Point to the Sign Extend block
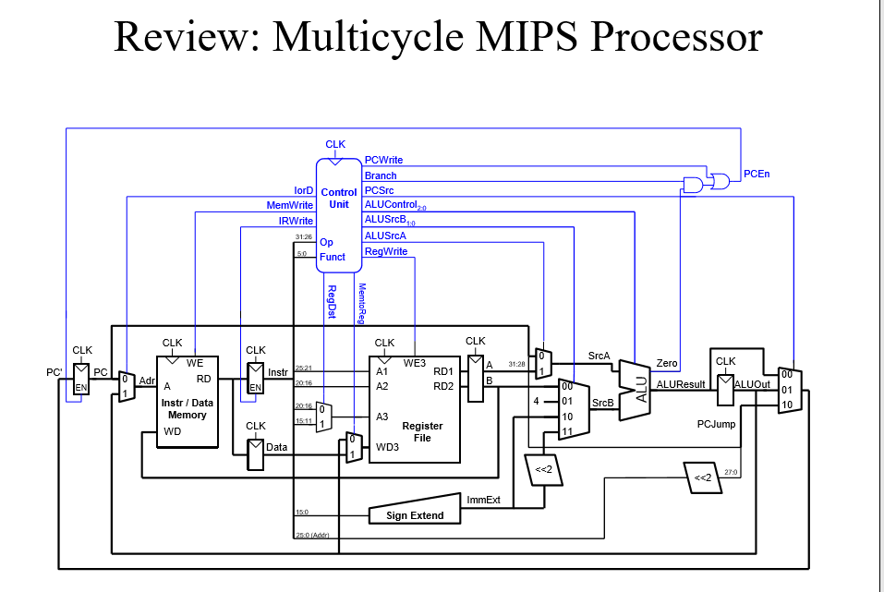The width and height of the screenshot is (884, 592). (415, 514)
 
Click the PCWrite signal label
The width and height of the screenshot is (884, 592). (383, 160)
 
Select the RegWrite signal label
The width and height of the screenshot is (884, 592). (386, 251)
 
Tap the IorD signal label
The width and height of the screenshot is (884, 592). (304, 190)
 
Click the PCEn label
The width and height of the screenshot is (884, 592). (757, 173)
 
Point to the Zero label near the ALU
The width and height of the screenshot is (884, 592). (666, 364)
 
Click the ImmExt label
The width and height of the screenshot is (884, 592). (483, 500)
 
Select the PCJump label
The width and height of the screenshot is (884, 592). (716, 424)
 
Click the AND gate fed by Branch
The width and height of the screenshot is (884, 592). (691, 184)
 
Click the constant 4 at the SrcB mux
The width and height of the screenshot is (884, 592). (536, 401)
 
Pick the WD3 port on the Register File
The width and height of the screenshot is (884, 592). (388, 447)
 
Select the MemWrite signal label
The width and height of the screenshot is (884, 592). (290, 205)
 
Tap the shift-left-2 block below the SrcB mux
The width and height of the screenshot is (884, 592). (543, 470)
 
